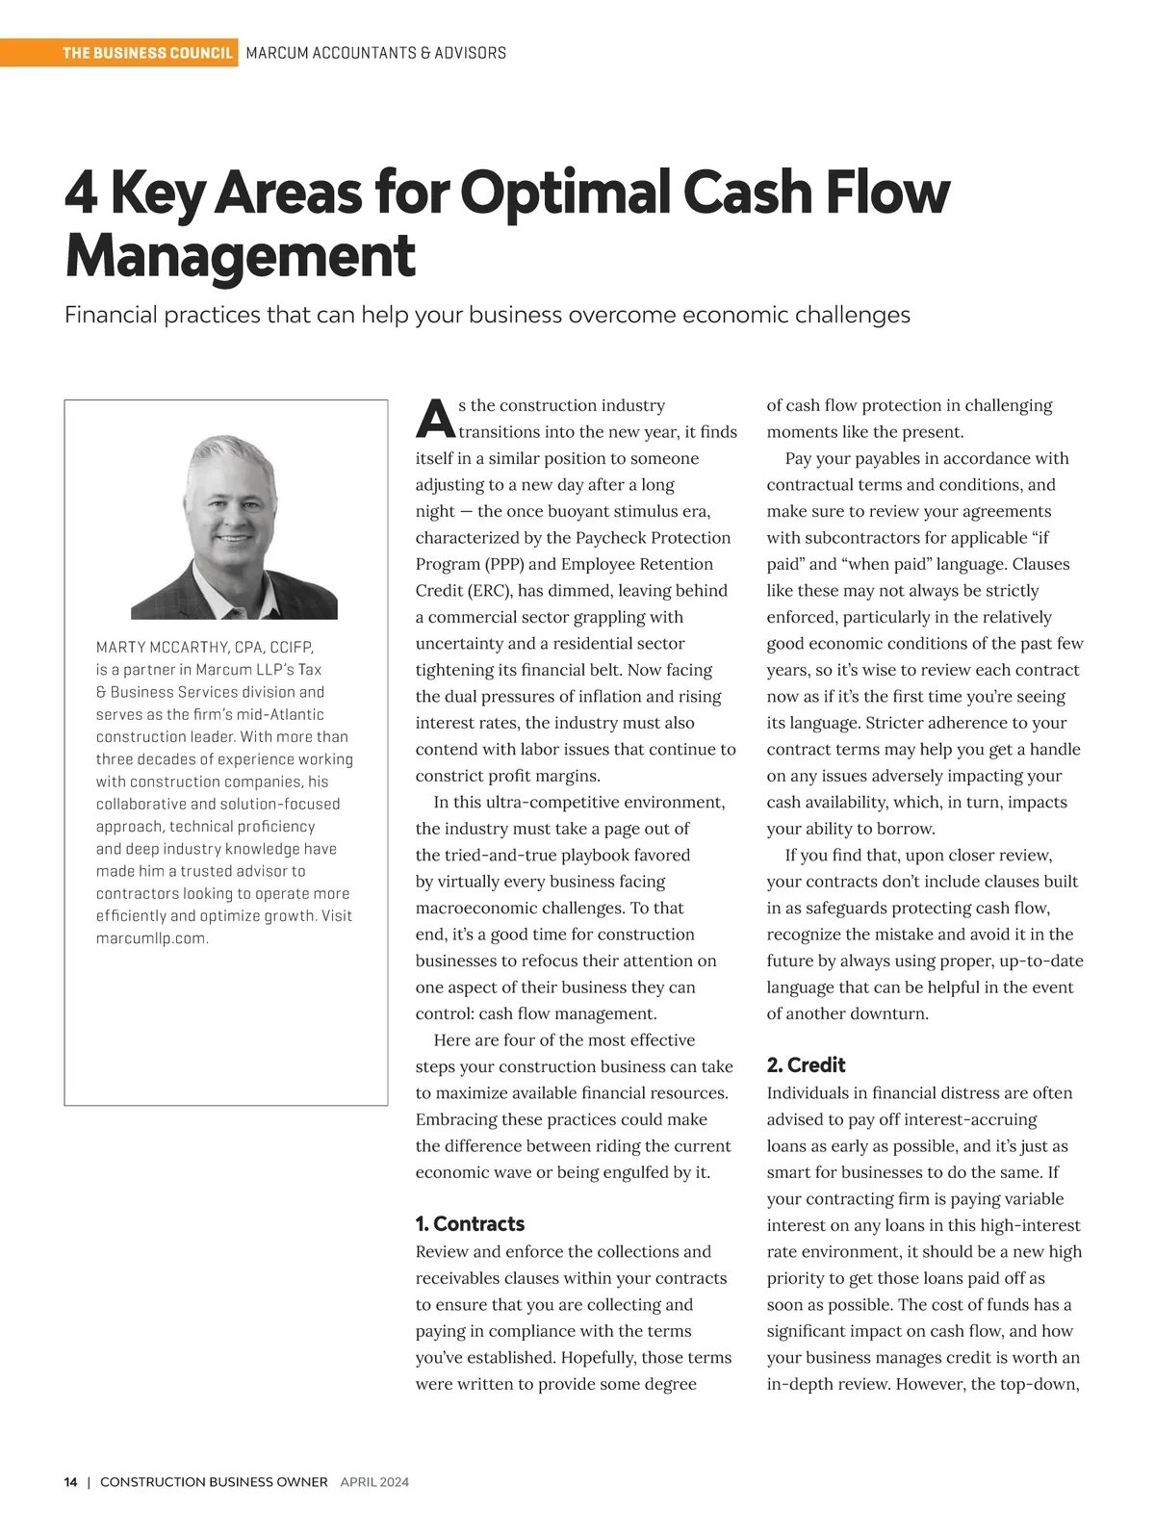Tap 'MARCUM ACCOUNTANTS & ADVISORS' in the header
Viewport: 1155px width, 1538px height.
[376, 53]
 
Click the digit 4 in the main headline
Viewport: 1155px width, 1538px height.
[81, 192]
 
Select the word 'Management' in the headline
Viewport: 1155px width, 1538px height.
[240, 256]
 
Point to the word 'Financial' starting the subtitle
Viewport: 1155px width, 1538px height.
[110, 315]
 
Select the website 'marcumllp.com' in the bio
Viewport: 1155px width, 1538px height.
[151, 938]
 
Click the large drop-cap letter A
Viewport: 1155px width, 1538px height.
[435, 418]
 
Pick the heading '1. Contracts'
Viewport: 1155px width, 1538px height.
[470, 1224]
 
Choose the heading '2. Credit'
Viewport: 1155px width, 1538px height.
[806, 1065]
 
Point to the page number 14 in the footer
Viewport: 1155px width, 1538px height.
[71, 1482]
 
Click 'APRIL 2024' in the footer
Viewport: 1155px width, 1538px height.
[374, 1482]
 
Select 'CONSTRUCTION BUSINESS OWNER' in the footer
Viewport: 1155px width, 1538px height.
[214, 1482]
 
